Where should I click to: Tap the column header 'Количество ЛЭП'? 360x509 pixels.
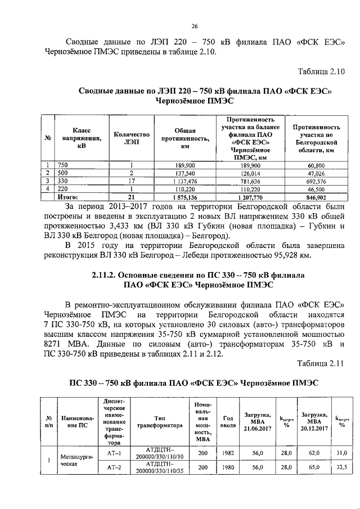131,138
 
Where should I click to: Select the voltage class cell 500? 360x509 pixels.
63,173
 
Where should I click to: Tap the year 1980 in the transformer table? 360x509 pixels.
228,467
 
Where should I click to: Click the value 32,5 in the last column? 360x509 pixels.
341,467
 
